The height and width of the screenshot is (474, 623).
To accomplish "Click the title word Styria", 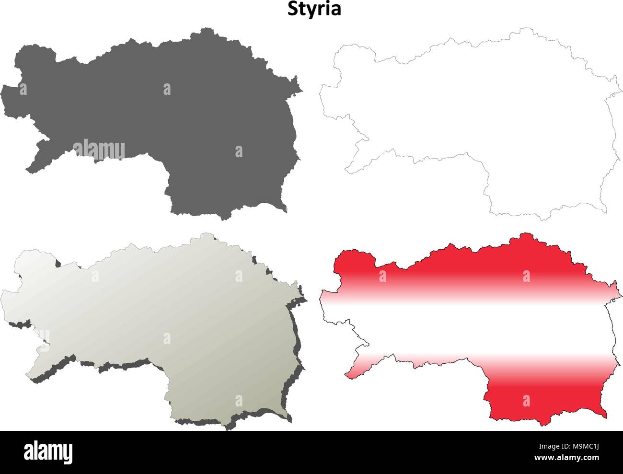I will click(x=314, y=9).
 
